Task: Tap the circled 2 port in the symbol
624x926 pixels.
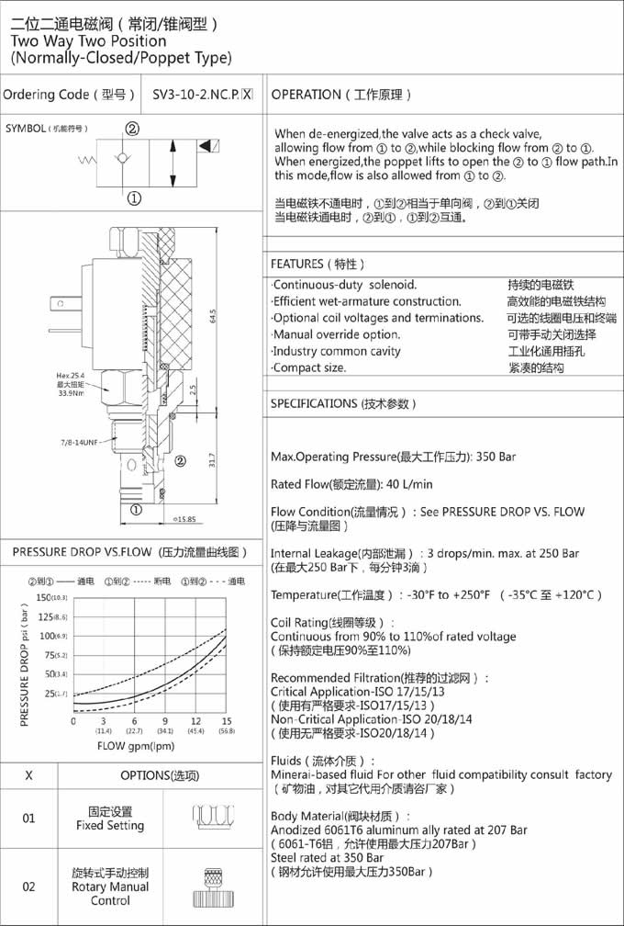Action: pos(132,130)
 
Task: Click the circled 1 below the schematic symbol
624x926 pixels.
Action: pos(134,198)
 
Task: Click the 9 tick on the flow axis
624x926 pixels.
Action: pos(165,722)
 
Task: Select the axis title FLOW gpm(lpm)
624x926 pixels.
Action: pos(136,745)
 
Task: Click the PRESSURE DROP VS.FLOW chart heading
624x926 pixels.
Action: pos(130,552)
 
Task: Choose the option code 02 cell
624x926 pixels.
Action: pos(28,886)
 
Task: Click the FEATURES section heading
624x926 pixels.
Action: pos(318,264)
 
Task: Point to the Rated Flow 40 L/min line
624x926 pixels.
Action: pos(351,484)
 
